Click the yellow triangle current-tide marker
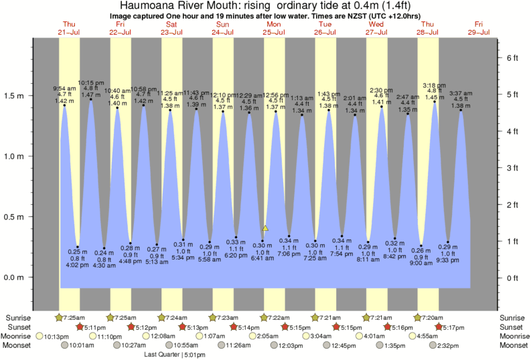pyautogui.click(x=265, y=228)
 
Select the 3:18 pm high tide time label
pyautogui.click(x=435, y=85)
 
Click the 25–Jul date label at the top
pyautogui.click(x=274, y=31)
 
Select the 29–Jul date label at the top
pyautogui.click(x=478, y=31)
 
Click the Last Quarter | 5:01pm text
pyautogui.click(x=174, y=355)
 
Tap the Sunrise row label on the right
pyautogui.click(x=514, y=317)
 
